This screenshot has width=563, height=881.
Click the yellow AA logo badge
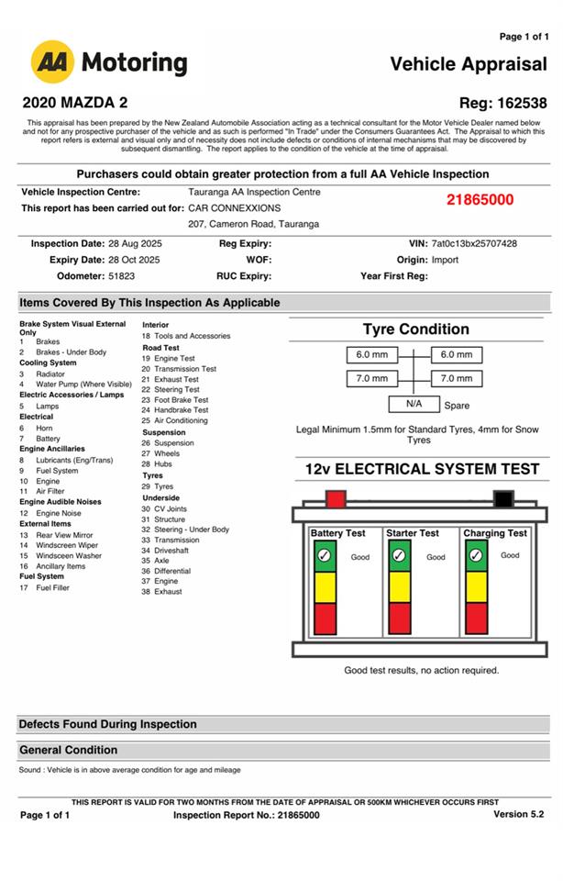pyautogui.click(x=52, y=62)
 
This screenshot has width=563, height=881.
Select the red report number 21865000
pyautogui.click(x=480, y=200)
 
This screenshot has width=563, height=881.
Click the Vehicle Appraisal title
pyautogui.click(x=468, y=64)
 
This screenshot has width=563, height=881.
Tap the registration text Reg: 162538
pyautogui.click(x=502, y=103)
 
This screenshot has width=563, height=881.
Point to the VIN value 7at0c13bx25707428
pyautogui.click(x=474, y=244)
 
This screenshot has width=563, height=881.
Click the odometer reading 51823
pyautogui.click(x=121, y=275)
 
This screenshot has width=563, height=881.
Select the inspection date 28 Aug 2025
pyautogui.click(x=127, y=244)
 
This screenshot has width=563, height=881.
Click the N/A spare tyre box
pyautogui.click(x=414, y=404)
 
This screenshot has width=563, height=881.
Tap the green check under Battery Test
pyautogui.click(x=323, y=556)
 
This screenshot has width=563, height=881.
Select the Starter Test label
pyautogui.click(x=413, y=533)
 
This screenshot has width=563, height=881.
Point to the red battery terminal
pyautogui.click(x=336, y=499)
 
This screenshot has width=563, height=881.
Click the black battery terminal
pyautogui.click(x=502, y=499)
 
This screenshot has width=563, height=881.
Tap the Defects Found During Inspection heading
pyautogui.click(x=107, y=724)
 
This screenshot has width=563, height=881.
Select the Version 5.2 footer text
pyautogui.click(x=518, y=814)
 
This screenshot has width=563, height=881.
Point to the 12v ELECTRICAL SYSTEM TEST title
pyautogui.click(x=423, y=469)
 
